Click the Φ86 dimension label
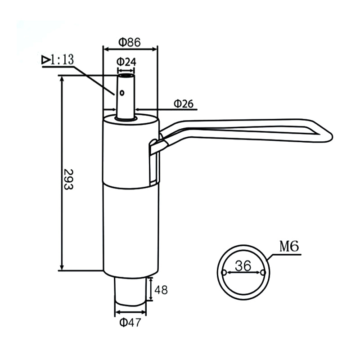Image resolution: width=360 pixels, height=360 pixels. pyautogui.click(x=130, y=42)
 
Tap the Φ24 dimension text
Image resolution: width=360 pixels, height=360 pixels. pyautogui.click(x=126, y=62)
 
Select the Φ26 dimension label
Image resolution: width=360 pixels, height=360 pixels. pyautogui.click(x=183, y=104)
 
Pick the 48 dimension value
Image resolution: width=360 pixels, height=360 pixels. pyautogui.click(x=161, y=290)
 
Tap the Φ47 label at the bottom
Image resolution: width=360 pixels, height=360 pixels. pyautogui.click(x=130, y=322)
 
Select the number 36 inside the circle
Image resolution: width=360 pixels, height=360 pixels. pyautogui.click(x=243, y=266)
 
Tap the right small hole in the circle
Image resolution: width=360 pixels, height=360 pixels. pyautogui.click(x=263, y=273)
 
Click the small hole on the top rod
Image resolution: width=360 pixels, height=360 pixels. pyautogui.click(x=122, y=93)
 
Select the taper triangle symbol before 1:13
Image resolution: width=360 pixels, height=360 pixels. pyautogui.click(x=45, y=59)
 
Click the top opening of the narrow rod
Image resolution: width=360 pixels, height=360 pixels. pyautogui.click(x=126, y=76)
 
